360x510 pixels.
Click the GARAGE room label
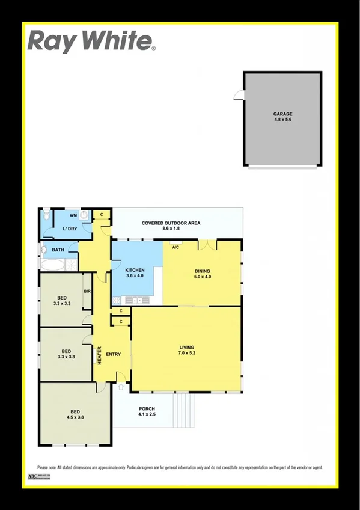click(x=282, y=114)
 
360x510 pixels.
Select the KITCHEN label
click(x=135, y=271)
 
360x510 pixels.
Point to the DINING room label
click(x=203, y=271)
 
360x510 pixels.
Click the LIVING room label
click(x=187, y=347)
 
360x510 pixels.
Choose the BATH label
click(x=58, y=250)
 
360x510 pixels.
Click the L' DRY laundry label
click(x=70, y=229)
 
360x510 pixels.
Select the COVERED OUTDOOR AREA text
click(x=171, y=223)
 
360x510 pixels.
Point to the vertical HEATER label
click(x=100, y=354)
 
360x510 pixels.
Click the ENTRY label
click(x=114, y=354)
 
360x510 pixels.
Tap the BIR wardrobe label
click(x=87, y=291)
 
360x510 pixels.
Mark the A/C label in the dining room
click(x=176, y=247)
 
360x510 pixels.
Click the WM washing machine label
click(x=73, y=215)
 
